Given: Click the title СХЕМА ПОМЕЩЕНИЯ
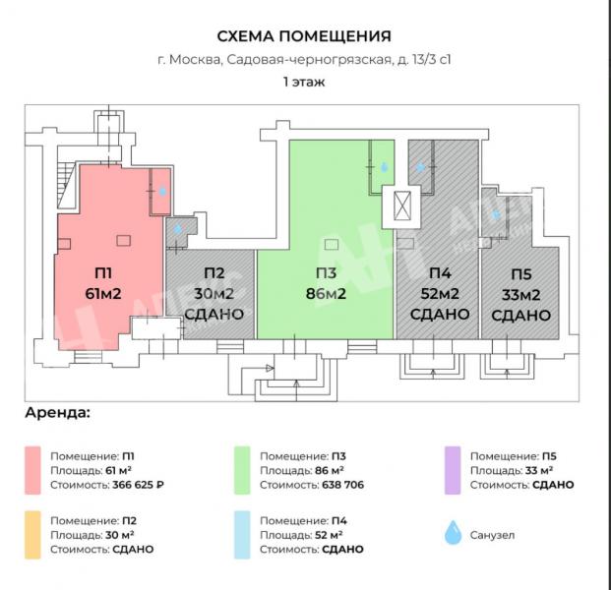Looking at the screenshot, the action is click(304, 36).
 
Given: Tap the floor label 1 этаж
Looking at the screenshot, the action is click(304, 83).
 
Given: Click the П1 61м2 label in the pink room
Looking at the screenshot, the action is click(103, 283).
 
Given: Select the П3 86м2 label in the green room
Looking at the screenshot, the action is click(326, 283).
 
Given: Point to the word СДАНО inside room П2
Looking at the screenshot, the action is click(214, 315).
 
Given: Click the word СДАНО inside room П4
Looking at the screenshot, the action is click(440, 314).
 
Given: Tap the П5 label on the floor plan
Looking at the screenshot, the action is click(521, 274).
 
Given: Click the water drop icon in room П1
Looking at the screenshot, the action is click(162, 191).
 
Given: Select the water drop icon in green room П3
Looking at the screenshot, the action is click(385, 167).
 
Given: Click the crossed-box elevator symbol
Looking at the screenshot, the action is click(401, 206).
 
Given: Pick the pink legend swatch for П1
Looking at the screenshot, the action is click(32, 470).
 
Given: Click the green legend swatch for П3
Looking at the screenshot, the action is click(242, 470).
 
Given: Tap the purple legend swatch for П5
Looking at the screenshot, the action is click(453, 470).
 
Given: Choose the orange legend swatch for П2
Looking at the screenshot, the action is click(32, 535).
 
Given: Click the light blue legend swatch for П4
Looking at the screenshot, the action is click(242, 535).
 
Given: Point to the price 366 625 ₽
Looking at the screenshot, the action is click(139, 485).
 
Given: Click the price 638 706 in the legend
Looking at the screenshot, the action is click(343, 485).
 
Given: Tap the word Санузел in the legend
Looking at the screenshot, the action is click(492, 535).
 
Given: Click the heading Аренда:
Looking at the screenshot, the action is click(58, 413).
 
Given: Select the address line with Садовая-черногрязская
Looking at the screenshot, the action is click(304, 60).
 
